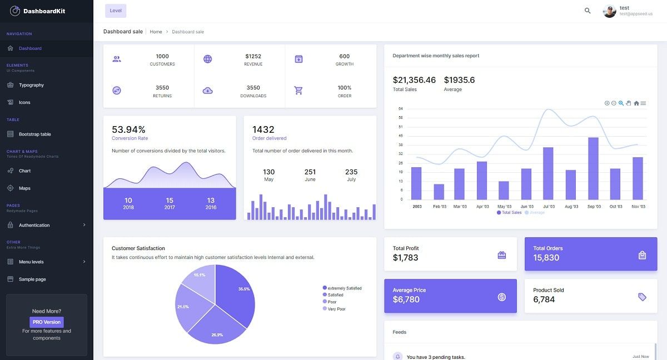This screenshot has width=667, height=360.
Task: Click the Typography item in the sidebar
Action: (x=31, y=85)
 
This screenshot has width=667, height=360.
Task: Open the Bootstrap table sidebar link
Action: (x=34, y=134)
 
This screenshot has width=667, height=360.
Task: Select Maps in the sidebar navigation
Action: (x=24, y=188)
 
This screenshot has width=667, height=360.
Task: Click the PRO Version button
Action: (x=47, y=322)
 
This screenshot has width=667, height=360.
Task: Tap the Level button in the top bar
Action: (x=116, y=11)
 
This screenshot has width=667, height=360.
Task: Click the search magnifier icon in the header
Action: (x=588, y=11)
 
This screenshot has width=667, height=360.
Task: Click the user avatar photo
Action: (x=610, y=11)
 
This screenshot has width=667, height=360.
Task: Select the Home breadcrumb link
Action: (x=156, y=32)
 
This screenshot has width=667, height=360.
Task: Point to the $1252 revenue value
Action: (x=253, y=56)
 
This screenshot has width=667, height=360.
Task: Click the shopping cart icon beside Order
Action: (x=298, y=91)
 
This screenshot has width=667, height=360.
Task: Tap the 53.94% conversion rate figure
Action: (x=128, y=129)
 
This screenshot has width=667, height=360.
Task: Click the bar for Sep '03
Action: (x=593, y=168)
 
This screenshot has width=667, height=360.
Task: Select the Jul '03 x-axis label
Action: (x=549, y=207)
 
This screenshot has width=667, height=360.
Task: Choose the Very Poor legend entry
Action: (x=336, y=309)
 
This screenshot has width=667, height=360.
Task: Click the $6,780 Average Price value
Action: (x=406, y=299)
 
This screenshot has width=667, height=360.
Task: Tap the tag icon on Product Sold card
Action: (x=642, y=297)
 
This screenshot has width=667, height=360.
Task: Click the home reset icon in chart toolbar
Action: (x=636, y=103)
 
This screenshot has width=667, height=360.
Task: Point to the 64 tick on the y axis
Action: (x=401, y=109)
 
